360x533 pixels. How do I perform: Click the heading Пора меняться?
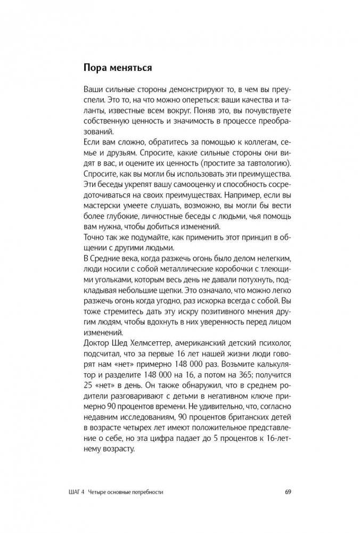118,68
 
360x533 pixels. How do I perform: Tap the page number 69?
288,492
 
